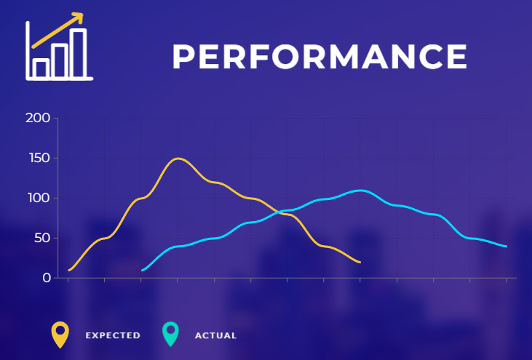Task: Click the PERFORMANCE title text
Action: [319, 57]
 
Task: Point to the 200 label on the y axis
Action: [38, 118]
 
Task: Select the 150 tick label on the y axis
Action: [39, 158]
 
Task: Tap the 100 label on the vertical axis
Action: [39, 198]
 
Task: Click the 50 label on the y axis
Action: [42, 238]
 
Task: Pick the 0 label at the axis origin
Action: [47, 278]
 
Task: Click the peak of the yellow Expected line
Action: [178, 159]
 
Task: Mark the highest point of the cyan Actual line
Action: [360, 191]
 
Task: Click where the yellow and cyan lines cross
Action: [279, 212]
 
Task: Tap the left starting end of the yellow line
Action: [69, 270]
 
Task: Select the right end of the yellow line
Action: [360, 263]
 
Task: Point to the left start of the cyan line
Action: [143, 270]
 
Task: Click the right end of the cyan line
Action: [507, 247]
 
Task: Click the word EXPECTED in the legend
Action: [113, 335]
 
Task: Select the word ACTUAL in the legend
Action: [216, 335]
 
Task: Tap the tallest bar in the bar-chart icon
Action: [78, 54]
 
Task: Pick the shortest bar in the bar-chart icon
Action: [41, 68]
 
